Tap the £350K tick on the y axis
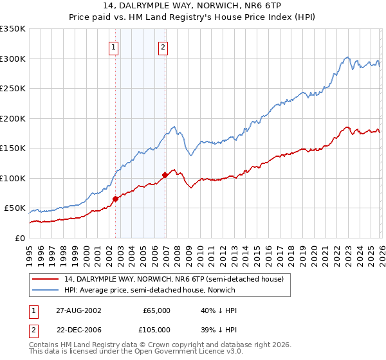(x=12, y=29)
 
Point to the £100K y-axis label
(x=12, y=178)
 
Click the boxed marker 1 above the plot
(x=114, y=46)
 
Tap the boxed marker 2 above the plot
(x=163, y=46)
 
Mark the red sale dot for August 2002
(x=116, y=199)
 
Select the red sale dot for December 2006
(x=165, y=175)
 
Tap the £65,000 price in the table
(x=156, y=310)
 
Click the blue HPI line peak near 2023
(x=347, y=57)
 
